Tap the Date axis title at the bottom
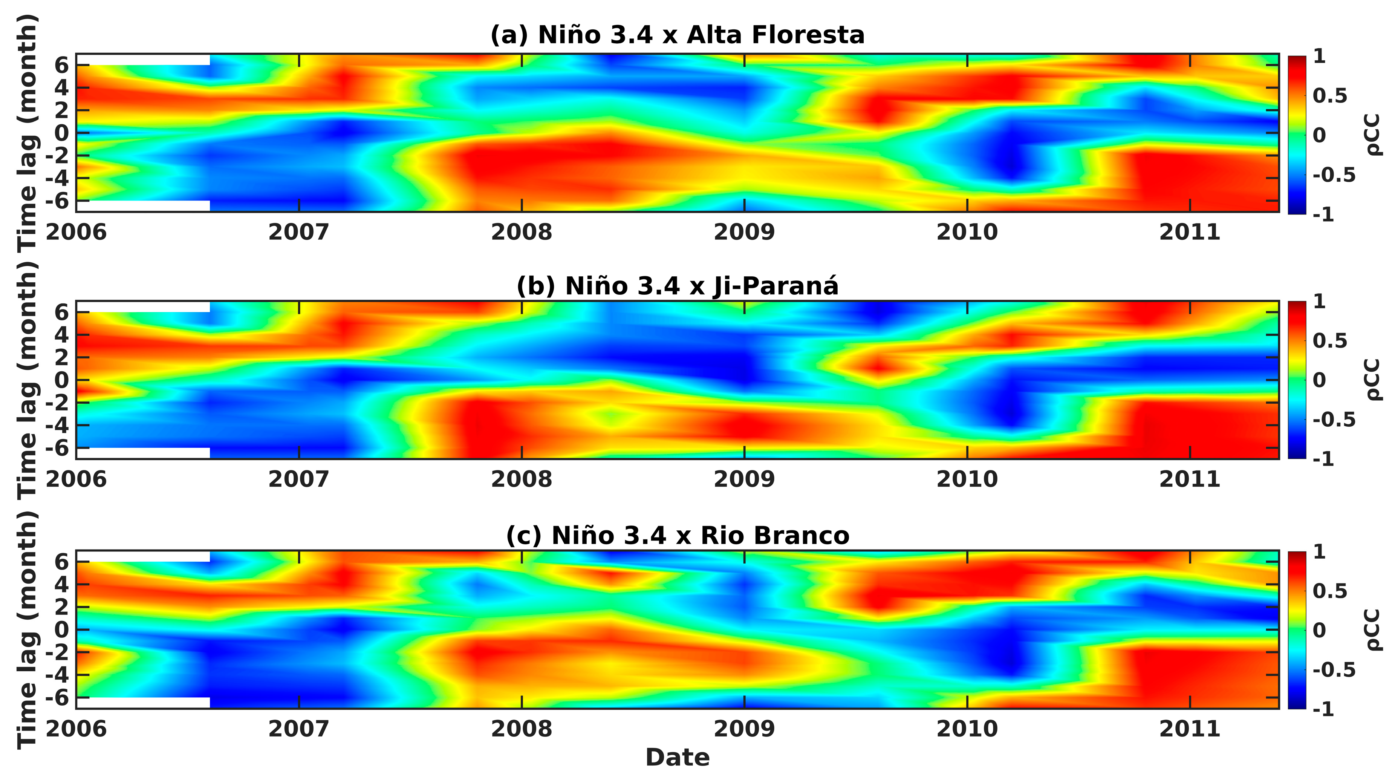(x=677, y=757)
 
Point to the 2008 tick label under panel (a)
(x=522, y=232)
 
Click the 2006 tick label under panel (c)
(x=76, y=729)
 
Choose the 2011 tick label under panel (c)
(x=1189, y=729)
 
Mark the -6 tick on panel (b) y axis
(x=57, y=448)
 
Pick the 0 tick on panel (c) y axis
(x=62, y=630)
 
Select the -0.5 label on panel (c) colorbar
(x=1333, y=670)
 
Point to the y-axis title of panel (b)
(x=27, y=379)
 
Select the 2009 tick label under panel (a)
(x=744, y=232)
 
